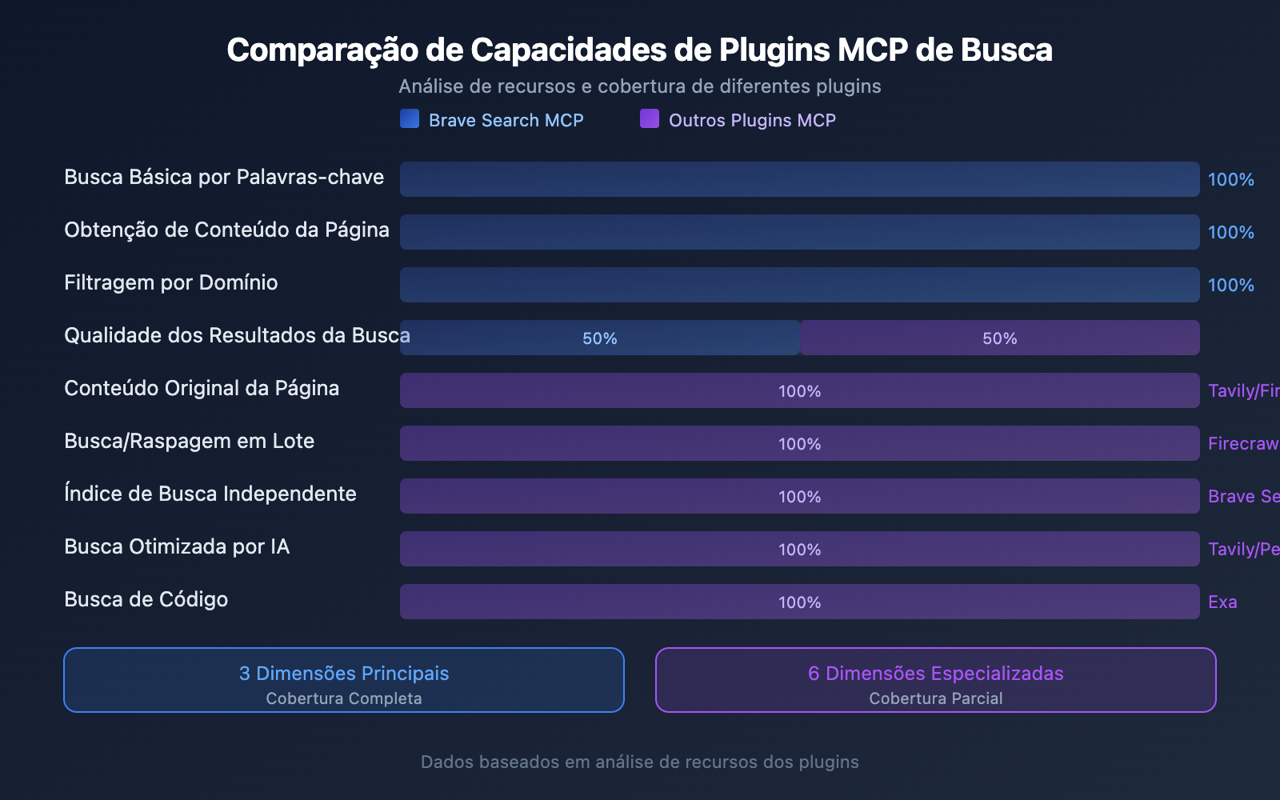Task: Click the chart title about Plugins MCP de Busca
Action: (x=639, y=50)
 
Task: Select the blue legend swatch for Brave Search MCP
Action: (x=410, y=119)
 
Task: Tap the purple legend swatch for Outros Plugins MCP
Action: (x=650, y=119)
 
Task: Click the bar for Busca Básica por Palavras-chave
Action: (x=799, y=179)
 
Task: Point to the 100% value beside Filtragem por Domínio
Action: (x=1230, y=285)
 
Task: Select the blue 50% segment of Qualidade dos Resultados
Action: (x=600, y=338)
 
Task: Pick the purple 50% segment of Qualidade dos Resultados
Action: (x=1000, y=338)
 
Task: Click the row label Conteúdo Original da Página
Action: (x=202, y=388)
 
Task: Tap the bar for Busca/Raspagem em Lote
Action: (x=799, y=443)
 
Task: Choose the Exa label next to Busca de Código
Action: (x=1222, y=602)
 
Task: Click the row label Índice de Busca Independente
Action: (x=210, y=494)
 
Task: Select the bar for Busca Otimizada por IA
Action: (x=799, y=549)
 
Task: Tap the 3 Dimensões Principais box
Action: (x=344, y=680)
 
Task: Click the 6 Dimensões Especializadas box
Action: (x=936, y=680)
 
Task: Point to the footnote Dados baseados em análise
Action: (x=640, y=762)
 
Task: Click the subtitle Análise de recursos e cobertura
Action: (x=640, y=86)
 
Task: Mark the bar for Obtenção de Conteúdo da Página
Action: (x=799, y=232)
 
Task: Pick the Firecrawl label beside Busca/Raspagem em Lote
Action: (x=1243, y=443)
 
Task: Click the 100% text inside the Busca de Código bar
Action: (x=800, y=602)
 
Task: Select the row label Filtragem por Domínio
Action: (x=171, y=282)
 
